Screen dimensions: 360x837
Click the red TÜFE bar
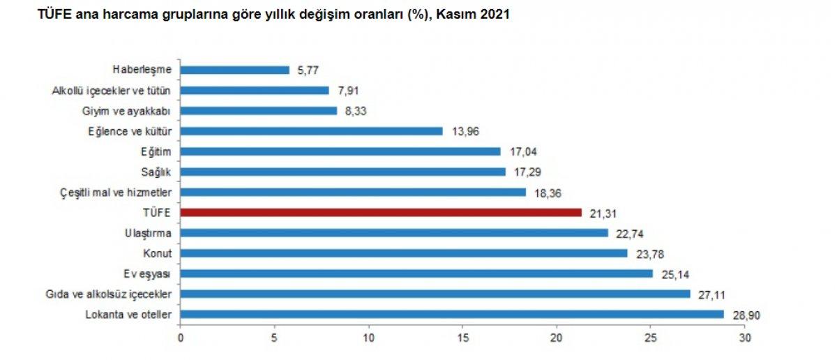point(381,212)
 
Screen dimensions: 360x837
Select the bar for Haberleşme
point(235,70)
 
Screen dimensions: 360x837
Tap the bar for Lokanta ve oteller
point(452,315)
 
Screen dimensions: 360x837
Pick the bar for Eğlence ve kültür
point(312,130)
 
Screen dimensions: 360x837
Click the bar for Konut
point(404,253)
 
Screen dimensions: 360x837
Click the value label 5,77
point(308,70)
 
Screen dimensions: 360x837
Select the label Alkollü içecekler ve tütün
point(112,90)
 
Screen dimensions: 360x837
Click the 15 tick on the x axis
point(463,338)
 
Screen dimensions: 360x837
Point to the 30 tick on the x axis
point(745,338)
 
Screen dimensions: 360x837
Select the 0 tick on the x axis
point(181,338)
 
